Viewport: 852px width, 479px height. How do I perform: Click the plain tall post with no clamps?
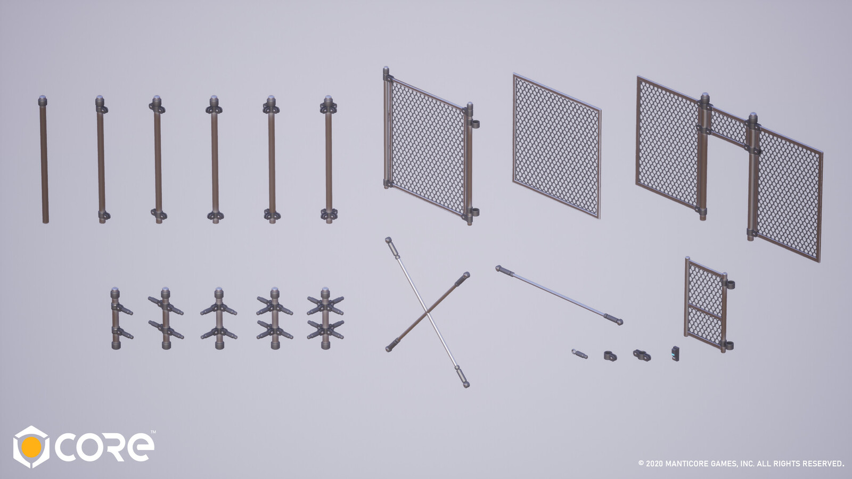click(x=44, y=160)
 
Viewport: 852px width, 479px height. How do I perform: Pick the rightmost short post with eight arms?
click(x=325, y=319)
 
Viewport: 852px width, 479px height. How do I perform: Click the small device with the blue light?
click(x=675, y=353)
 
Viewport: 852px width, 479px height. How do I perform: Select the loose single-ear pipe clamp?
click(x=610, y=356)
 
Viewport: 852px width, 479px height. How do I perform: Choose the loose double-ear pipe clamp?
click(x=642, y=355)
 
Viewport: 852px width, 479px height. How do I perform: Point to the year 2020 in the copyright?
click(x=654, y=464)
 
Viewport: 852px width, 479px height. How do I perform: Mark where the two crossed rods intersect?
click(x=427, y=313)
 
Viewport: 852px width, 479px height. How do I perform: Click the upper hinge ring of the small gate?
click(x=729, y=285)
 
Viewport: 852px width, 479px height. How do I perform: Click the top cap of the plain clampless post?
click(x=43, y=101)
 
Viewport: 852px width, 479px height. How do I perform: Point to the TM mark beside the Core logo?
click(x=153, y=432)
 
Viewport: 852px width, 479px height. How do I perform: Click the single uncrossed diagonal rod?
click(x=559, y=295)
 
